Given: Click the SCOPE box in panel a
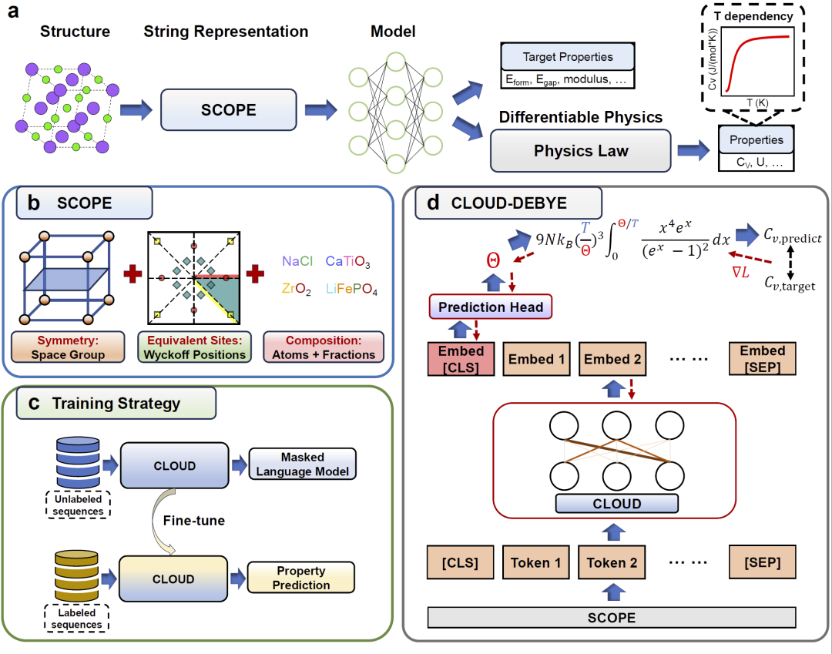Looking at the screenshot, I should point(228,109).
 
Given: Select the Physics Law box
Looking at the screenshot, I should point(581,150).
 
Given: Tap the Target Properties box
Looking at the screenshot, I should point(568,57).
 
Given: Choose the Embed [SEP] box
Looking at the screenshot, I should point(762,359).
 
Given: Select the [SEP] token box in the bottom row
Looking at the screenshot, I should point(762,562).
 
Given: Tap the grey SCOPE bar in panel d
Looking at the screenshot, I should point(612,617).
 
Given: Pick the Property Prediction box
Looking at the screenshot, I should point(301,578).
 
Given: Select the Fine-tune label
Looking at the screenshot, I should point(193,521).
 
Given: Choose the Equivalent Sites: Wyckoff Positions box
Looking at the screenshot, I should point(194,347).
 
